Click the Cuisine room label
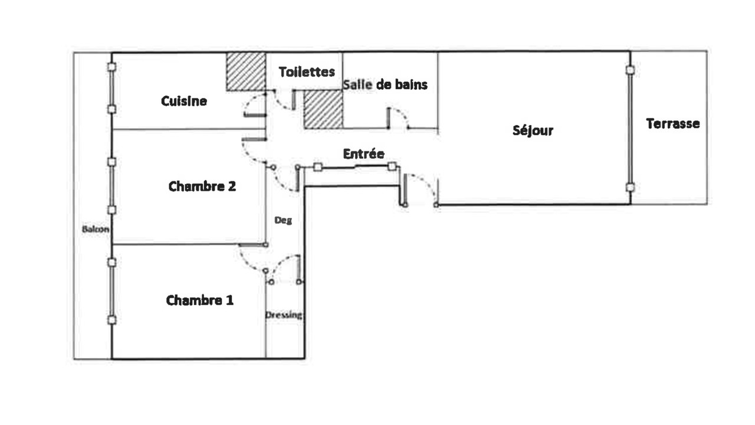coord(183,101)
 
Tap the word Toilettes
coord(307,71)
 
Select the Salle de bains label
coord(385,84)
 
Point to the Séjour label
coord(533,130)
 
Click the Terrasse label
coord(673,123)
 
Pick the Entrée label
coord(363,154)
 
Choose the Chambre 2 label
coord(202,186)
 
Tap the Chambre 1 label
coord(199,300)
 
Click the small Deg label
coord(283,221)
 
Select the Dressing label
coord(284,315)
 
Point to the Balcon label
coord(96,230)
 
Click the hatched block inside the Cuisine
coord(246,71)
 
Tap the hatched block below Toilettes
coord(323,109)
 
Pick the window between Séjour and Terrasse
coord(631,129)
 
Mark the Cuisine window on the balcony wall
coord(111,88)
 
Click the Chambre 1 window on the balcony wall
coord(112,291)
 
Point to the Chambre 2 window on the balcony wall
coord(111,186)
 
